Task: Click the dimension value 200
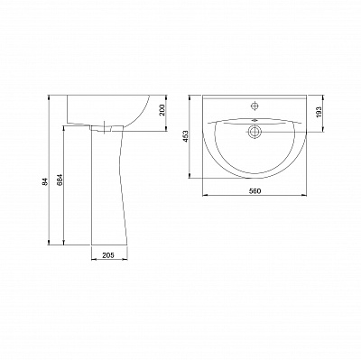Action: pos(162,110)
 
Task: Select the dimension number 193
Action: pos(319,112)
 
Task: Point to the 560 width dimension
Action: pos(255,190)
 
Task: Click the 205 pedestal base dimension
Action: pos(108,255)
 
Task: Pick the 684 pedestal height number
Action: pos(60,180)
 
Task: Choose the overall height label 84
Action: pos(45,181)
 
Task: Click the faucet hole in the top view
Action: pos(255,106)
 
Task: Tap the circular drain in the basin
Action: pos(255,132)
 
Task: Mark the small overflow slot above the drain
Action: pos(255,120)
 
